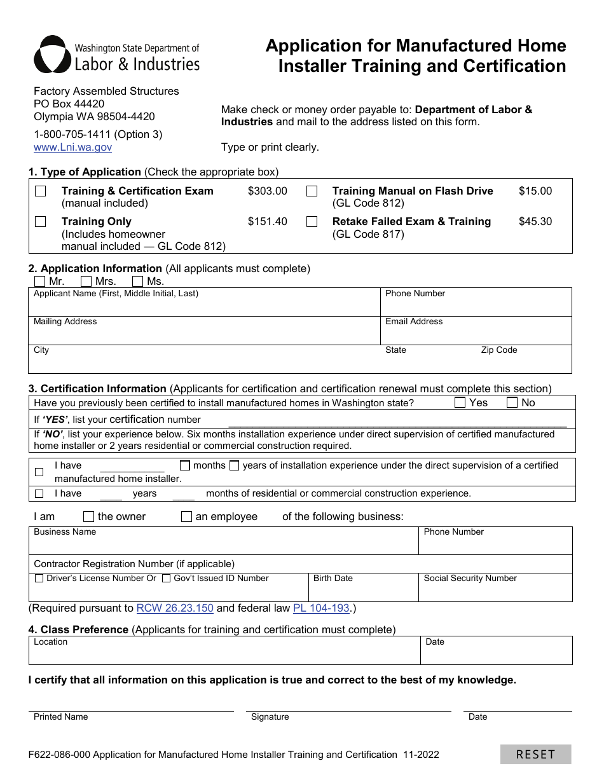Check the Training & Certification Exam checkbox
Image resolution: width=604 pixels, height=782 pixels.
point(41,191)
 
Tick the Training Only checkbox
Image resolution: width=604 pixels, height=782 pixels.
point(41,222)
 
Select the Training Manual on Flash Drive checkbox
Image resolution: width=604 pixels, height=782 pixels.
point(312,191)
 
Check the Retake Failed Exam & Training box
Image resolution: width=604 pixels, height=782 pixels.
point(312,222)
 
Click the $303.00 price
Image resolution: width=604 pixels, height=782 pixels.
point(267,191)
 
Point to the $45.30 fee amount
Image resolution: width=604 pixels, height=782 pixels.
point(535,221)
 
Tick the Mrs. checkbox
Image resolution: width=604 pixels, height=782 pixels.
point(87,281)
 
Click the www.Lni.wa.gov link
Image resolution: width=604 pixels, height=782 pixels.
point(72,147)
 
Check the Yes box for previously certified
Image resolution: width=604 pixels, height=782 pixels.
point(460,402)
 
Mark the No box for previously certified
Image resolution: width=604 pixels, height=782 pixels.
point(512,402)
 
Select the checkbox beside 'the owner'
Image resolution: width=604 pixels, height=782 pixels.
point(89,516)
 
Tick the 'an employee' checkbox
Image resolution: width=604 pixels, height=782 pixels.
point(186,516)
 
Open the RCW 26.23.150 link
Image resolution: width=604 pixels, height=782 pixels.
point(175,608)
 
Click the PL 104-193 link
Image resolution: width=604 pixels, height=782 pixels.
point(321,608)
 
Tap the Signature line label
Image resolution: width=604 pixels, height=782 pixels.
point(270,717)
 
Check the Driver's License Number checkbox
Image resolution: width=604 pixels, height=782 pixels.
point(39,579)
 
